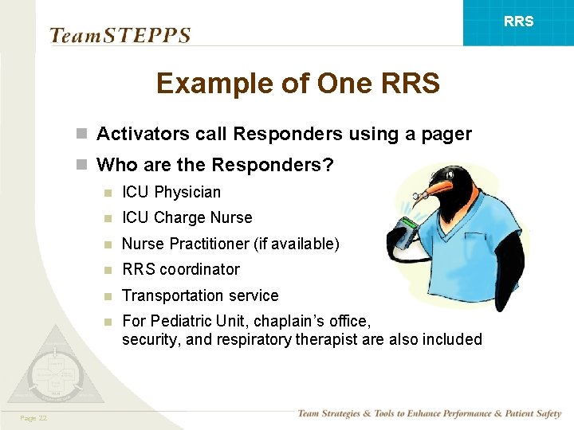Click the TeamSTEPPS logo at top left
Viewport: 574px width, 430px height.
pyautogui.click(x=120, y=36)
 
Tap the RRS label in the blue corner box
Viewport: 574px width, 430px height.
pyautogui.click(x=518, y=21)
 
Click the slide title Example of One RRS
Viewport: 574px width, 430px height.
pyautogui.click(x=297, y=83)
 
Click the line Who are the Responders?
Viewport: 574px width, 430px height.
pyautogui.click(x=214, y=165)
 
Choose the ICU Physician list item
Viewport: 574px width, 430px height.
pyautogui.click(x=171, y=192)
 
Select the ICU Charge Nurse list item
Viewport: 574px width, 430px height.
pyautogui.click(x=187, y=217)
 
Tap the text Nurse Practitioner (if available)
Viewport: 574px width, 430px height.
pyautogui.click(x=230, y=244)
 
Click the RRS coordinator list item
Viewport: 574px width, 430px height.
pyautogui.click(x=180, y=269)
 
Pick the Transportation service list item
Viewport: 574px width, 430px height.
pyautogui.click(x=200, y=295)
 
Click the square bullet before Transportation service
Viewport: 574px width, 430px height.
pyautogui.click(x=107, y=296)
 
